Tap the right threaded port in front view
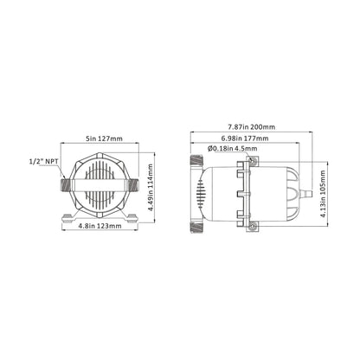pyautogui.click(x=142, y=184)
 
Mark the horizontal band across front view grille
pyautogui.click(x=101, y=184)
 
